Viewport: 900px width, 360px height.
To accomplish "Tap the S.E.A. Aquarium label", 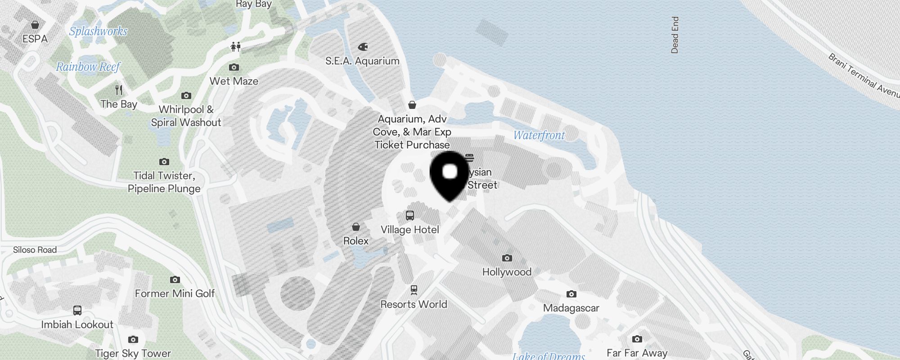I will coord(362,61).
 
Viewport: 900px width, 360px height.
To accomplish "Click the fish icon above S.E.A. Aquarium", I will coord(363,47).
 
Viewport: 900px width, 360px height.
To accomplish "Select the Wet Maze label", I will coord(234,81).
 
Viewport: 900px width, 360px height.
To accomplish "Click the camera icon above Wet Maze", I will coord(234,67).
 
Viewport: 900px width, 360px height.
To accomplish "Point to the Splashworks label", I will coord(98,31).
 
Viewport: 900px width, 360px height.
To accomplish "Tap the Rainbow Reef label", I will coord(88,67).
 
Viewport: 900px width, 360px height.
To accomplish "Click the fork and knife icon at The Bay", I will coord(119,90).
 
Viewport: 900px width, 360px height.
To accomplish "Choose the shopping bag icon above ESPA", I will coord(35,25).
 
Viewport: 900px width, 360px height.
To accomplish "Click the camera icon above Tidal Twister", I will coord(164,162).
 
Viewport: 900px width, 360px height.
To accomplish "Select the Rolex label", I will coord(356,241).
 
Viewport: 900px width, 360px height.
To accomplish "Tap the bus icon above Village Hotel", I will coord(410,216).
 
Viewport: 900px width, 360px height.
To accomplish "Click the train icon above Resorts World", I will coord(414,290).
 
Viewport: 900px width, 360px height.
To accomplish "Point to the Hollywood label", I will coord(507,272).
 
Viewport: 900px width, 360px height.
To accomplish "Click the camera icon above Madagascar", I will coord(571,294).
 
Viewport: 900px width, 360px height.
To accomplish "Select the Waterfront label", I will coord(539,135).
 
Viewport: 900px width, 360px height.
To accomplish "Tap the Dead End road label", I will coord(675,35).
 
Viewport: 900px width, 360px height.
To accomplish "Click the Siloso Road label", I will coord(35,250).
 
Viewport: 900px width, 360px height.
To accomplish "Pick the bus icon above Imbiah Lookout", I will coord(77,310).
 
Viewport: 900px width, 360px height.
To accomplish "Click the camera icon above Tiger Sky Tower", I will coord(133,340).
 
